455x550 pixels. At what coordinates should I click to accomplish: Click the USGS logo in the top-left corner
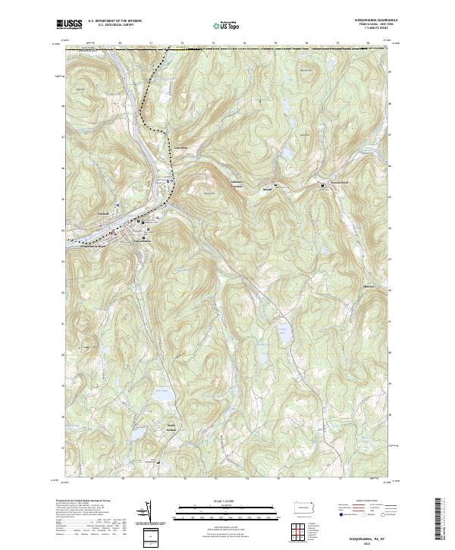69,25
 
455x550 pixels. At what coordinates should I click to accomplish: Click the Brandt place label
266,190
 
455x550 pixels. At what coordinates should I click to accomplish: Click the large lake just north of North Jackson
162,396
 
